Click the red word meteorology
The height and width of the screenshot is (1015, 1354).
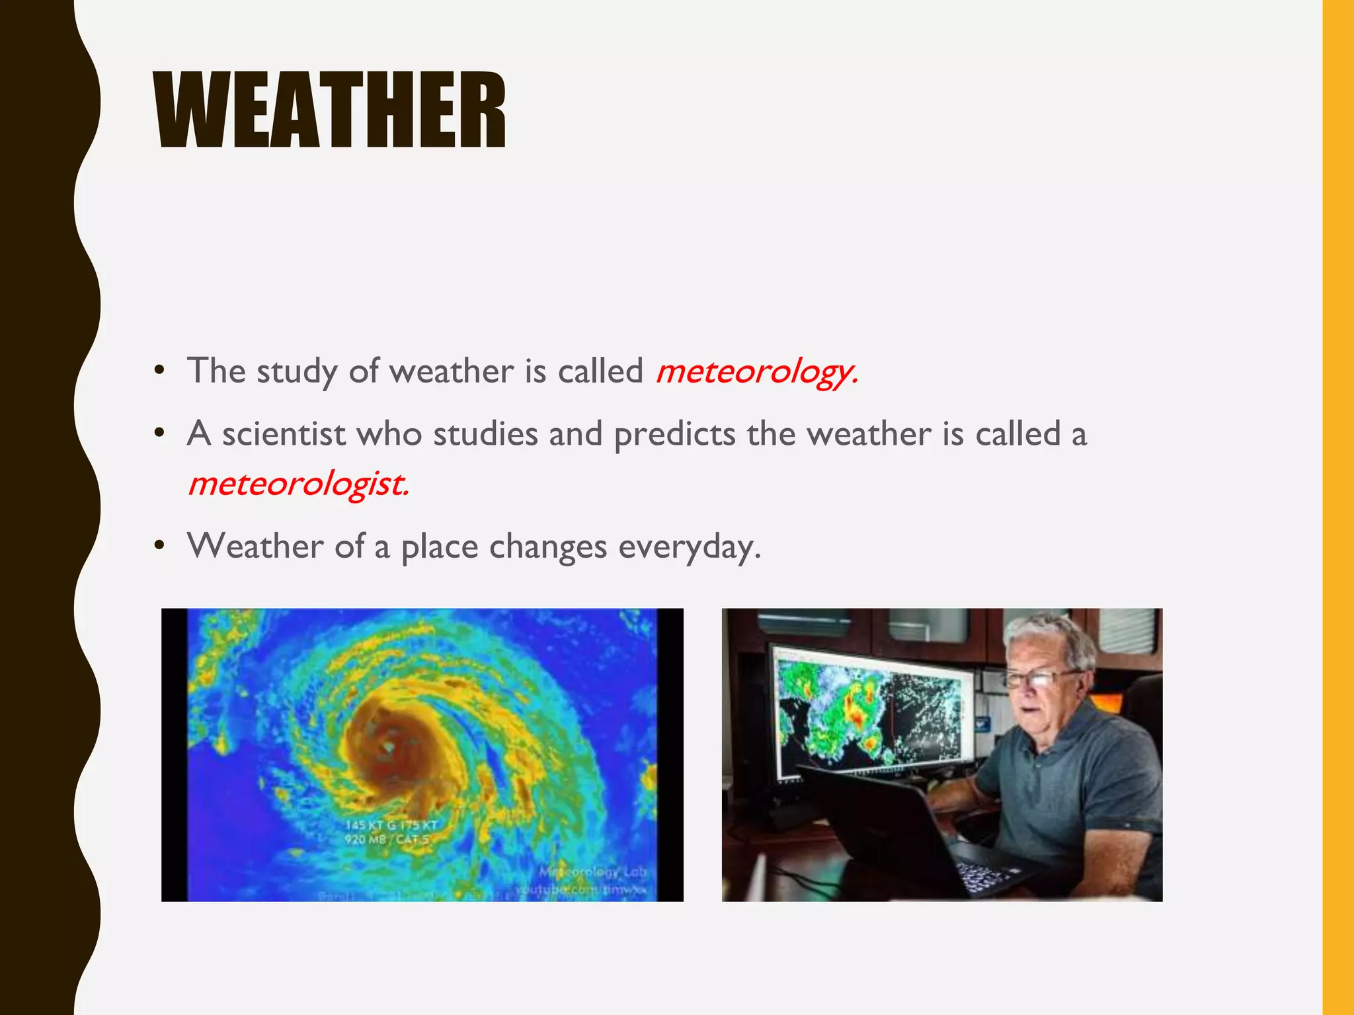(x=756, y=371)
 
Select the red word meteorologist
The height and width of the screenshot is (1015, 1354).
(x=298, y=484)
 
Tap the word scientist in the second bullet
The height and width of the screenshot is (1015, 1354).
(x=283, y=435)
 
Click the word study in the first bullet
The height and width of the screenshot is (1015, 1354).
(x=296, y=371)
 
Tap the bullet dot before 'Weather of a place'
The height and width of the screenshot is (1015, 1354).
(x=159, y=546)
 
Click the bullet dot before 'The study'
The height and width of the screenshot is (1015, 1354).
(x=159, y=370)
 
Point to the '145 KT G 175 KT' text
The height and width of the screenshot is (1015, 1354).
(x=391, y=825)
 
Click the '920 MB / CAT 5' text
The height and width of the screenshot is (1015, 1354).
(x=387, y=840)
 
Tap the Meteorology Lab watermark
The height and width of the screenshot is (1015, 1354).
(x=593, y=872)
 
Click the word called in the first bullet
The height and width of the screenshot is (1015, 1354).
(x=600, y=371)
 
